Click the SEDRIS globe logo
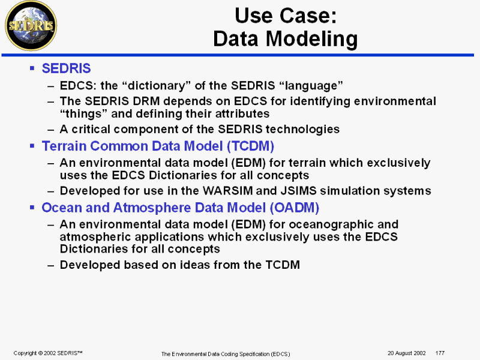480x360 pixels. point(31,26)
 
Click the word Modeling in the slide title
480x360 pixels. point(311,39)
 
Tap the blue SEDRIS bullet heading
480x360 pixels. point(66,68)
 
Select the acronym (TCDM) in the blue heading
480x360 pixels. point(250,146)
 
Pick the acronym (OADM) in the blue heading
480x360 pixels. point(295,208)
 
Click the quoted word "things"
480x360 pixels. point(83,113)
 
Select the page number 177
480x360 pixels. point(440,353)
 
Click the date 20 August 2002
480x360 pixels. point(407,353)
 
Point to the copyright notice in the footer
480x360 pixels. point(48,353)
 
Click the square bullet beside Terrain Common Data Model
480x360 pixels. point(32,146)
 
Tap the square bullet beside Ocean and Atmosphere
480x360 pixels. point(32,207)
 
